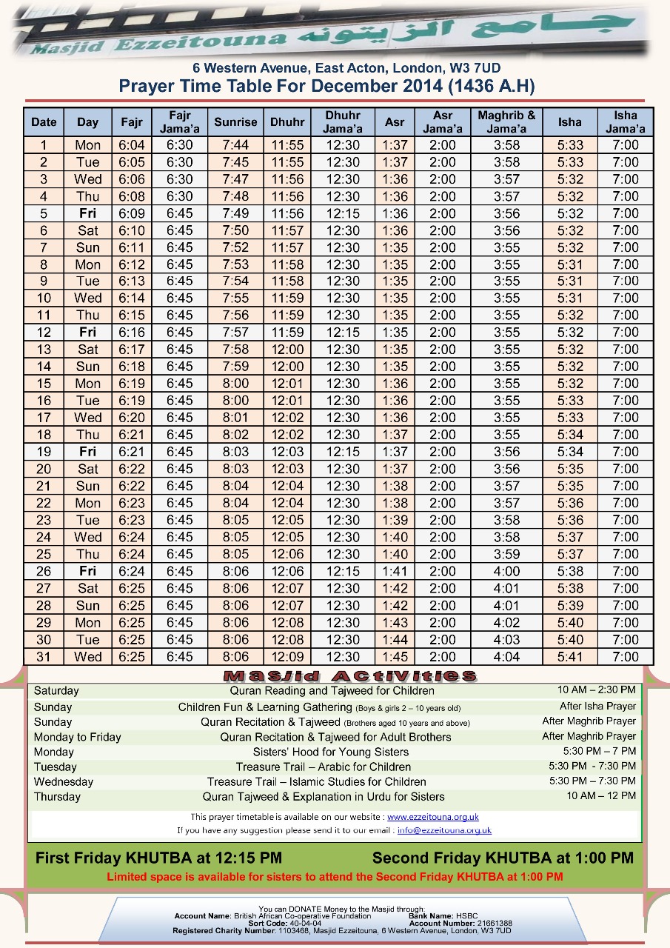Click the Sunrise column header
[x=235, y=122]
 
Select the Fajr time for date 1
[x=132, y=145]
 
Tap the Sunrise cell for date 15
[x=235, y=384]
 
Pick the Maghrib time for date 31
[x=506, y=657]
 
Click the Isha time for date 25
[x=570, y=555]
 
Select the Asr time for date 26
[x=395, y=572]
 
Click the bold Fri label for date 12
[x=87, y=333]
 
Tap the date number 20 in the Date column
[x=44, y=469]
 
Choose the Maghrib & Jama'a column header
[x=506, y=122]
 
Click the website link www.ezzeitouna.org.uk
[x=433, y=817]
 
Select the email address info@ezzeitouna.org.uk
[x=444, y=830]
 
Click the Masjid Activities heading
[x=350, y=675]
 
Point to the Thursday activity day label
[x=57, y=797]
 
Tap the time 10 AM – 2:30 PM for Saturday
[x=597, y=690]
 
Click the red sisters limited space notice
[x=335, y=877]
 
